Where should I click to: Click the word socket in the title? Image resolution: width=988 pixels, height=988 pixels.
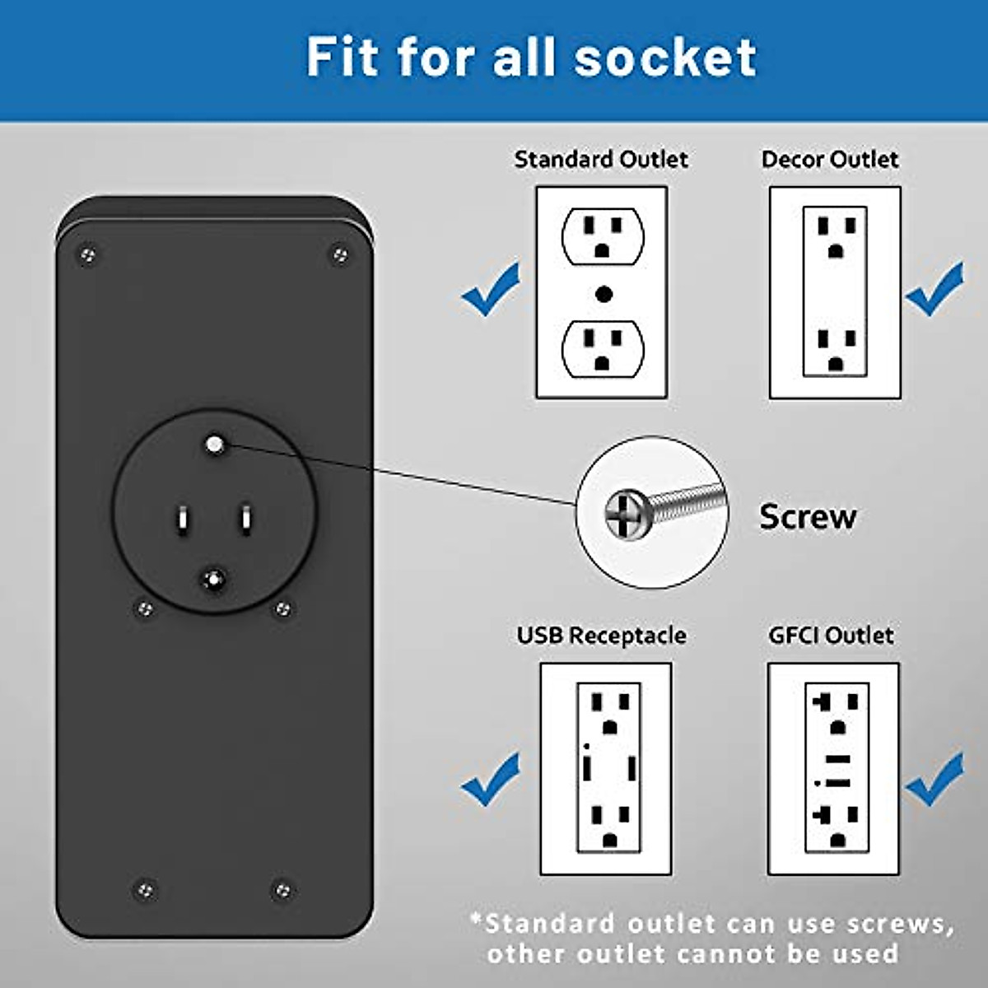(665, 58)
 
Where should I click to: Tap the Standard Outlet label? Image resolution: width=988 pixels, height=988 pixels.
(601, 159)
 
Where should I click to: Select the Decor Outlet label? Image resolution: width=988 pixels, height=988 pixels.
(830, 159)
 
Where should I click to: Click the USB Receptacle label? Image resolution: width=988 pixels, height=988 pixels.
(601, 636)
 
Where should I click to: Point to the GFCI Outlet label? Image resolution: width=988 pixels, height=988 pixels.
(830, 636)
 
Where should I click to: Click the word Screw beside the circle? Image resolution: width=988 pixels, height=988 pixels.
(807, 517)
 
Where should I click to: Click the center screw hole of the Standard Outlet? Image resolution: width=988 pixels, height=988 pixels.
(604, 293)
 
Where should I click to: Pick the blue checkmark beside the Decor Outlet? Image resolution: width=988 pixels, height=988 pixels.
(934, 290)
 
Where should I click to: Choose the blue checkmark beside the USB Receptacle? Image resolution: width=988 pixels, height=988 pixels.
(492, 780)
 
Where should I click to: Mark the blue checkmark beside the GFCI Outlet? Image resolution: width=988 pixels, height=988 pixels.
(934, 780)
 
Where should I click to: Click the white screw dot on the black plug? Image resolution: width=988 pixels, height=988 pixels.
(215, 445)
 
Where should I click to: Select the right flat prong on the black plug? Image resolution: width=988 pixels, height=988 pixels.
(245, 520)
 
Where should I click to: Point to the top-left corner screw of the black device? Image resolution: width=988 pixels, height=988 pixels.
(87, 255)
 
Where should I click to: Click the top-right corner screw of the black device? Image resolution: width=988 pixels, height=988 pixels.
(339, 254)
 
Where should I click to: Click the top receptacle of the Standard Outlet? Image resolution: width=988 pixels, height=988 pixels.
(603, 235)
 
